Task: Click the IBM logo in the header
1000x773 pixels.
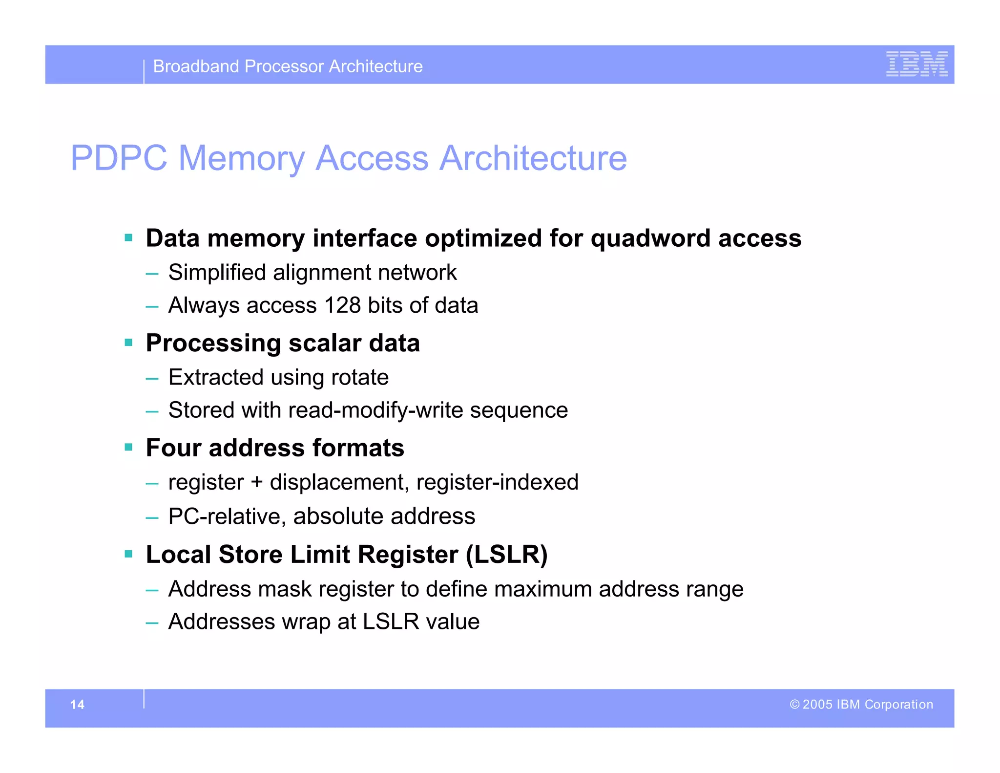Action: [917, 64]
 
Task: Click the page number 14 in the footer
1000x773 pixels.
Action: [77, 704]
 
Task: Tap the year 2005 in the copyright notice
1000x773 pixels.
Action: [817, 704]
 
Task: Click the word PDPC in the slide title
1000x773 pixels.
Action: [119, 158]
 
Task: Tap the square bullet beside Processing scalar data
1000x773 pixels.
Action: [128, 343]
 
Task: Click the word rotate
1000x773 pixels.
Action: [359, 377]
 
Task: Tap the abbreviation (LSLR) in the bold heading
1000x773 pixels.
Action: [506, 555]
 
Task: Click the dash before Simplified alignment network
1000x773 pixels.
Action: [152, 273]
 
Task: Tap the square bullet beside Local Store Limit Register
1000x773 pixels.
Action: [128, 554]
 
